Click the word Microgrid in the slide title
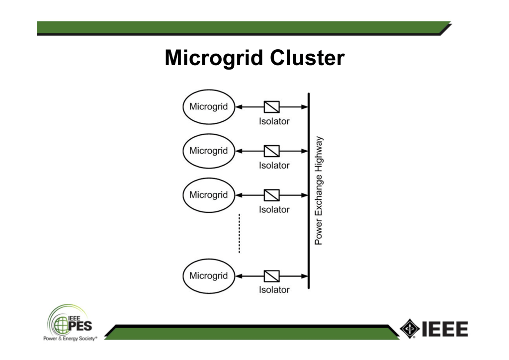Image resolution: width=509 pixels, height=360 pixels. pyautogui.click(x=214, y=58)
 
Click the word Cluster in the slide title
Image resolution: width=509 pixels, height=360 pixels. pyautogui.click(x=307, y=58)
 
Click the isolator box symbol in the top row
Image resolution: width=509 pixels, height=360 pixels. pyautogui.click(x=272, y=107)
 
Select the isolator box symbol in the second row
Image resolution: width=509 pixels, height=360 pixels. pyautogui.click(x=272, y=151)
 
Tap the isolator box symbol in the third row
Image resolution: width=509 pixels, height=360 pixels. pyautogui.click(x=272, y=195)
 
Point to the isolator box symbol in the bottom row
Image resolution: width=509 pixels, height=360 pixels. pyautogui.click(x=272, y=276)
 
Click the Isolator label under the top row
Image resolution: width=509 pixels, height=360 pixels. pyautogui.click(x=274, y=121)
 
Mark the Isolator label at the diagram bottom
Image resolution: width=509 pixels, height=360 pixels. pyautogui.click(x=274, y=289)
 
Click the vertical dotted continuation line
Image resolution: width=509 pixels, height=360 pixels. pyautogui.click(x=239, y=233)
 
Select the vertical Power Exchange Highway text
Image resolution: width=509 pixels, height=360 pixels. pyautogui.click(x=319, y=190)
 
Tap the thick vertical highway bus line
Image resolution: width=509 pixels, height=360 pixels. pyautogui.click(x=309, y=191)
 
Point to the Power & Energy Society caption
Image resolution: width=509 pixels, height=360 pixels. pyautogui.click(x=70, y=339)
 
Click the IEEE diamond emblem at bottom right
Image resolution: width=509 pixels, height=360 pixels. pyautogui.click(x=410, y=329)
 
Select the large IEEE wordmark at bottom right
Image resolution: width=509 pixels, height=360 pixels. pyautogui.click(x=445, y=329)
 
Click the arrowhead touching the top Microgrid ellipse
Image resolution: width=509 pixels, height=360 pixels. pyautogui.click(x=239, y=107)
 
